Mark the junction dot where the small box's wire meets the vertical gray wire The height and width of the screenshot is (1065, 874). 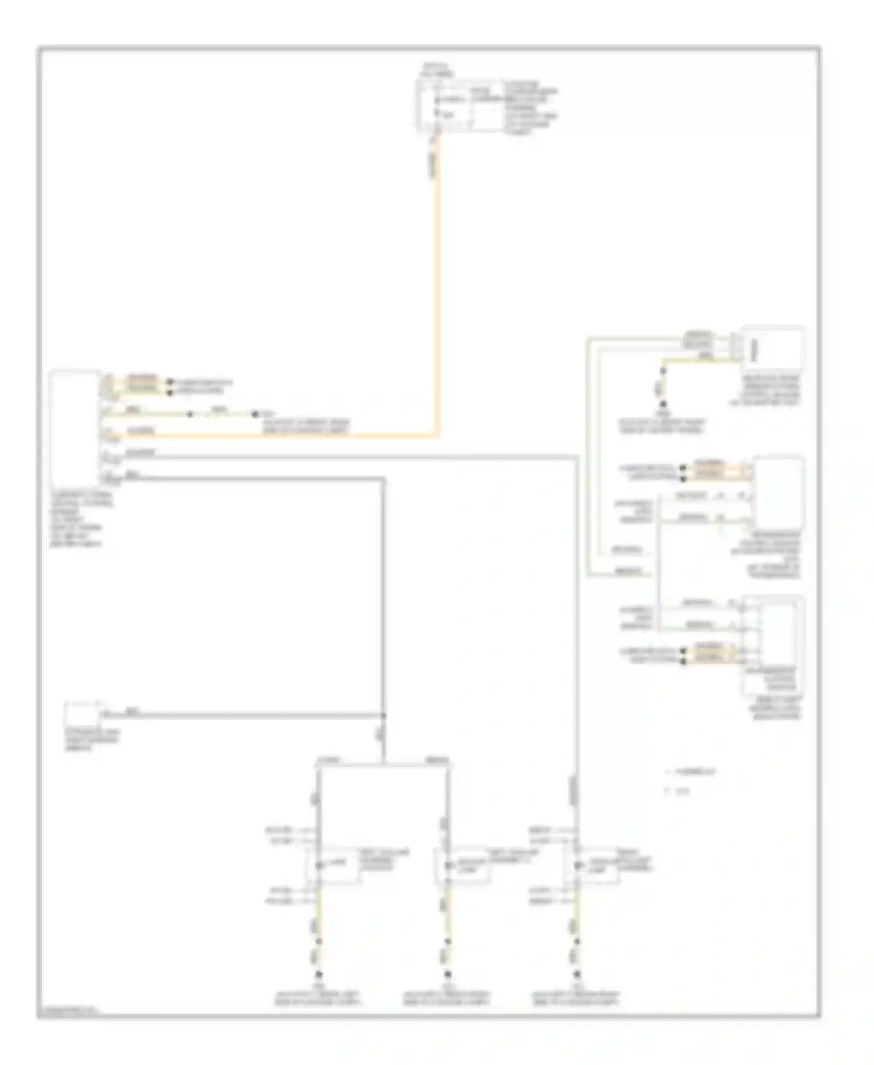[x=383, y=715]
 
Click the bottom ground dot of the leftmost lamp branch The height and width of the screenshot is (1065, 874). [x=319, y=974]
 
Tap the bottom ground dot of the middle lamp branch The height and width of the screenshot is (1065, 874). [x=447, y=974]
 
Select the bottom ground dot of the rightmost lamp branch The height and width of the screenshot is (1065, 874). [x=577, y=974]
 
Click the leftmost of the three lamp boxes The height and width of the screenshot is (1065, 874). [x=333, y=865]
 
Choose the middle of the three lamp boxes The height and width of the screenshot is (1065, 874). [x=462, y=865]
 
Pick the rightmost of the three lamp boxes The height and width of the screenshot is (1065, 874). [x=592, y=865]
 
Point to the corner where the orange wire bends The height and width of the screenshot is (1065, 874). [x=438, y=435]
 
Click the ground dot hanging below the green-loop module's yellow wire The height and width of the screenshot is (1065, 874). [x=662, y=404]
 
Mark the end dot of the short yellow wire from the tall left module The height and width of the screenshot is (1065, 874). [x=255, y=414]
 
